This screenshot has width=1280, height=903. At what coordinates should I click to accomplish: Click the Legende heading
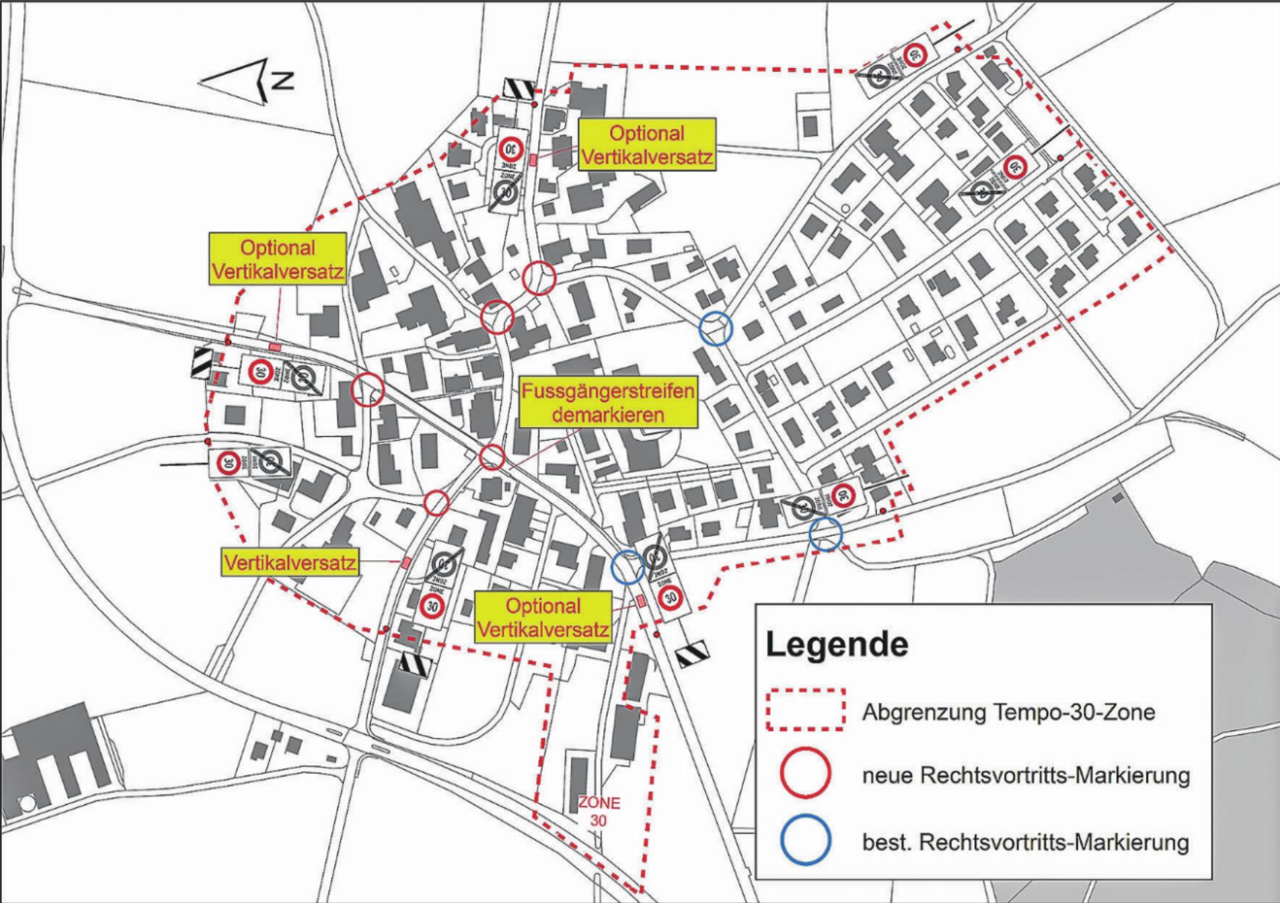pyautogui.click(x=837, y=644)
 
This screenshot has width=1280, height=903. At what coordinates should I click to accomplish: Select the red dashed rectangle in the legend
pyautogui.click(x=805, y=710)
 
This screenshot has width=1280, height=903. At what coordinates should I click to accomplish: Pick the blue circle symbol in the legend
pyautogui.click(x=805, y=840)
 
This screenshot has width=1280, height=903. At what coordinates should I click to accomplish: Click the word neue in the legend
pyautogui.click(x=887, y=776)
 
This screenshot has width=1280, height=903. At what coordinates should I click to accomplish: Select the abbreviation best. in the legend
pyautogui.click(x=887, y=842)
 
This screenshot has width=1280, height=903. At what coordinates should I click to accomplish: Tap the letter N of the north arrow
pyautogui.click(x=283, y=81)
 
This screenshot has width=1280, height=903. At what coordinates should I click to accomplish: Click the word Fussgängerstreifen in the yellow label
pyautogui.click(x=608, y=391)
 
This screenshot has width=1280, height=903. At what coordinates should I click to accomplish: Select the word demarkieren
pyautogui.click(x=608, y=415)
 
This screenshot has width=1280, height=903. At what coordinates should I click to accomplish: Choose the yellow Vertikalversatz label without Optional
pyautogui.click(x=290, y=562)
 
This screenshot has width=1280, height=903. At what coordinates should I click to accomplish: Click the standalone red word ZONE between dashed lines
pyautogui.click(x=599, y=803)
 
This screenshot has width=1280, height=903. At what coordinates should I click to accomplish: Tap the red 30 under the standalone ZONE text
pyautogui.click(x=598, y=821)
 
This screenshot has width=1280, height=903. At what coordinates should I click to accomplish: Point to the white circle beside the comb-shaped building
pyautogui.click(x=27, y=804)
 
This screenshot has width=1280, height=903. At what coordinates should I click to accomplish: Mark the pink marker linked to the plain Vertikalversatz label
pyautogui.click(x=405, y=562)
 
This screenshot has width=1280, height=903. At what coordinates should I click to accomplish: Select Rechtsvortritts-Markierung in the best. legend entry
pyautogui.click(x=1054, y=842)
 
